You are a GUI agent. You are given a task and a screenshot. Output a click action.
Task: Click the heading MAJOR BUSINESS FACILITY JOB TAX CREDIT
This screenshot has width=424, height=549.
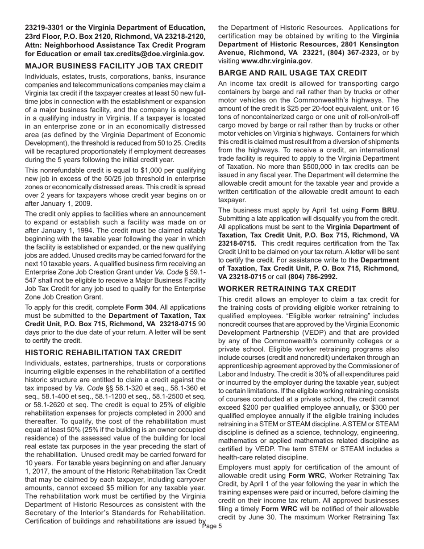click(x=114, y=66)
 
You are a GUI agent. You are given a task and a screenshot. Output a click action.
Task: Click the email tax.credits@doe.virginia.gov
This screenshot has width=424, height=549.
click(x=154, y=54)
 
